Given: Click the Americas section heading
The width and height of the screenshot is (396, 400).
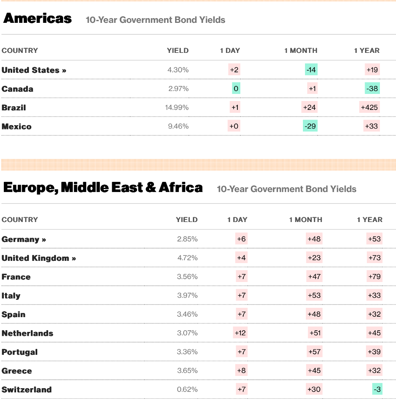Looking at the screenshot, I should (x=38, y=19).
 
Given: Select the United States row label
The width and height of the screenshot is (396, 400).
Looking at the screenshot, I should (x=34, y=70).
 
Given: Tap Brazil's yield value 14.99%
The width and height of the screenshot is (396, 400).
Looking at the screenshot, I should (x=177, y=107).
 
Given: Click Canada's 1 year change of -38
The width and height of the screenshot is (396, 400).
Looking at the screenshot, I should (x=372, y=89).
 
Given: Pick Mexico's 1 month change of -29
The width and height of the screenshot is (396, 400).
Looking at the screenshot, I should (x=310, y=126).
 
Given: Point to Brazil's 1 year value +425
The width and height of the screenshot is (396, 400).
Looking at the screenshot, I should (x=370, y=107).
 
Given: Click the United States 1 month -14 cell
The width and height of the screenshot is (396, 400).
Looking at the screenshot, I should (x=311, y=70).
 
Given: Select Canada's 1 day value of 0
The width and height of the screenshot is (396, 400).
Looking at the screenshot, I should (x=236, y=89).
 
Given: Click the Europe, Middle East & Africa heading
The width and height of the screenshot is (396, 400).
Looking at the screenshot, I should (x=103, y=188).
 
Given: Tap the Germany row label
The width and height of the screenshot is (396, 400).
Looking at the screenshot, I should (x=24, y=239).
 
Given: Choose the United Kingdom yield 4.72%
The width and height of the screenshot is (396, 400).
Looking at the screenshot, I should (x=187, y=258).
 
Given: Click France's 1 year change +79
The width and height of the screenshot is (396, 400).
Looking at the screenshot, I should (x=374, y=277).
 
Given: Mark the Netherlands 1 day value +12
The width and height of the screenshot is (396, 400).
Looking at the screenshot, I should (x=240, y=333).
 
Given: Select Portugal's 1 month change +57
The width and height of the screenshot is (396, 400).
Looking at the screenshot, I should (x=315, y=352).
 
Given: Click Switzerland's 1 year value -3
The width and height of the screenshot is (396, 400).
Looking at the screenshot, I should (x=377, y=389).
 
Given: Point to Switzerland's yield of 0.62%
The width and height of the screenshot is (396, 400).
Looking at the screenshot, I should (x=187, y=389).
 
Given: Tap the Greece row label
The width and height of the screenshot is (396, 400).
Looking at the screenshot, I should (x=17, y=371).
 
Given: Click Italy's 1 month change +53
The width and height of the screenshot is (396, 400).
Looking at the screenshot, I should (x=315, y=296).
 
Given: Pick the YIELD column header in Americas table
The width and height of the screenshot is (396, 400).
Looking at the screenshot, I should (x=178, y=50).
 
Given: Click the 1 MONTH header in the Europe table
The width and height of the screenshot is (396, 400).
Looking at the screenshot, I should (x=305, y=220).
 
